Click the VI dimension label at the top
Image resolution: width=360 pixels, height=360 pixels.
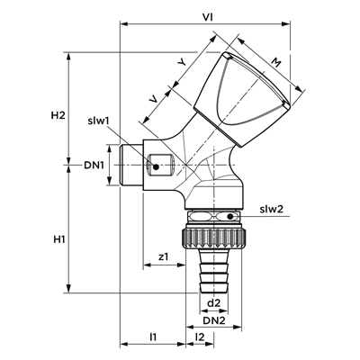coord(207,17)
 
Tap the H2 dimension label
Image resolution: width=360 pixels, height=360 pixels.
coord(58,115)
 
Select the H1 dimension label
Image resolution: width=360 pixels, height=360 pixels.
coord(59,239)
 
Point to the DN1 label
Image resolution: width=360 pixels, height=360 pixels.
coord(94,166)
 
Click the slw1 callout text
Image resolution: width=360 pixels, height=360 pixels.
coord(98,121)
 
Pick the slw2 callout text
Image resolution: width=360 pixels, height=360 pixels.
coord(272,210)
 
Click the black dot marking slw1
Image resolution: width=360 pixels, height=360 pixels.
coord(156,166)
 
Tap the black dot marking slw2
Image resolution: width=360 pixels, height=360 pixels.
coord(230,216)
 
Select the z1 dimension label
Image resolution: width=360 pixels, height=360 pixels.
coord(164,256)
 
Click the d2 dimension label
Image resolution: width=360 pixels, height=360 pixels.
coord(214,303)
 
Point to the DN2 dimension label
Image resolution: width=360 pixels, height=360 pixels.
coord(214,320)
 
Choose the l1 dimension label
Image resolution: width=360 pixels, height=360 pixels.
coord(153,337)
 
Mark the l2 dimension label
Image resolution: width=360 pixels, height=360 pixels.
coord(200,337)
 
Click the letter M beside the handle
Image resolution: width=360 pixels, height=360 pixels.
coord(275,63)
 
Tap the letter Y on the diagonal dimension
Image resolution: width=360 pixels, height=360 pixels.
coord(182,62)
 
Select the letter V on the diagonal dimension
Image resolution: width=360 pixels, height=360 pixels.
coord(154,100)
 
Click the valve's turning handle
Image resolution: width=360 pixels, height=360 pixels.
coord(241,100)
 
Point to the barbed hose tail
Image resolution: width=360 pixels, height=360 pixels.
coord(214,270)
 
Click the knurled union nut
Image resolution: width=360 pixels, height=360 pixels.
coord(214,239)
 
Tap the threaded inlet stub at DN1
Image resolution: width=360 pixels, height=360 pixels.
coord(131,165)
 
